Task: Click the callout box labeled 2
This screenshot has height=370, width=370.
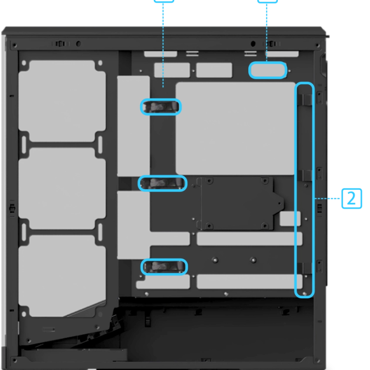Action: coord(352,198)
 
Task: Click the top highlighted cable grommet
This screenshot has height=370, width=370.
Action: coord(161,107)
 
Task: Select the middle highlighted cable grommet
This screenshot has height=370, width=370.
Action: coord(162,183)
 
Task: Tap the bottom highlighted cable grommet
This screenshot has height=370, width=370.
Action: coord(164,267)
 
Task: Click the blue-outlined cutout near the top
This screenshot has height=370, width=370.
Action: coord(268,70)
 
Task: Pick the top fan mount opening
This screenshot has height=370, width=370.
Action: coord(62,101)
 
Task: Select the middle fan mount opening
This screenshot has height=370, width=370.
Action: coord(62,188)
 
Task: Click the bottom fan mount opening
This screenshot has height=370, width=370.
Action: coord(62,275)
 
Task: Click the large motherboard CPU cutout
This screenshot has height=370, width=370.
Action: coord(236,129)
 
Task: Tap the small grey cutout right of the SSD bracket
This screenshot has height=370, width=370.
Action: coord(290,219)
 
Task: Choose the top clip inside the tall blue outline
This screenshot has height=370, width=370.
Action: coord(305,99)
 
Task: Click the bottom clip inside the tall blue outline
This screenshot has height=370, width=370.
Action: coord(305,268)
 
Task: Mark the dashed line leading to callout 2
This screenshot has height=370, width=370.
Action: coord(327,198)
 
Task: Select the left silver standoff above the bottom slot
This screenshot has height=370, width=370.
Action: coord(215,260)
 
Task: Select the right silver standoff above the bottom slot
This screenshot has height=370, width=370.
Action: coord(253,260)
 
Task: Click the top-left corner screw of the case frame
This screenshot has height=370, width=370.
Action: coord(15,45)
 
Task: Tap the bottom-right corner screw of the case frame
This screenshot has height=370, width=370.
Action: coord(318,361)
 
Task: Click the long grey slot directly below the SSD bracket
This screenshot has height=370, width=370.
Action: coord(249,239)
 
